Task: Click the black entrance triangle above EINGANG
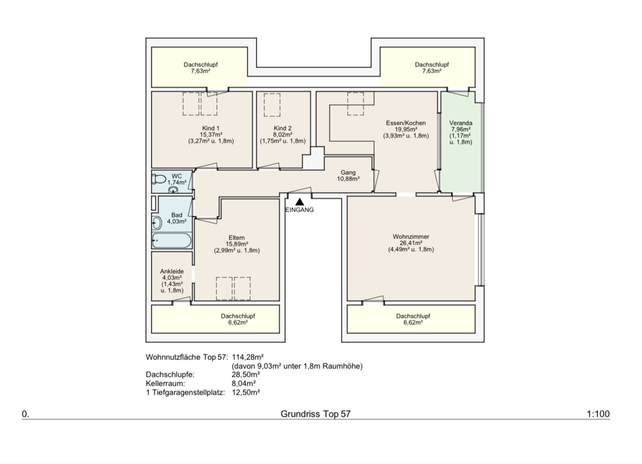click(299, 202)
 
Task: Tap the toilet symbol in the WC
click(159, 179)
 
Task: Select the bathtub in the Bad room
click(172, 240)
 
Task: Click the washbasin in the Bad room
click(156, 223)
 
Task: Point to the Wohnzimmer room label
click(411, 237)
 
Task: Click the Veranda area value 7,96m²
click(461, 129)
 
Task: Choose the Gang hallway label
click(348, 173)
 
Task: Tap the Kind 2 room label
click(283, 128)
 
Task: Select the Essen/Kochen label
click(406, 123)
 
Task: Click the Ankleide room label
click(172, 271)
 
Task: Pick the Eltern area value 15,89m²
click(237, 244)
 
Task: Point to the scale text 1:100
click(598, 414)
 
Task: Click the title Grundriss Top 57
click(316, 414)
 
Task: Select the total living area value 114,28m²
click(248, 357)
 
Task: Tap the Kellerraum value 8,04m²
click(243, 383)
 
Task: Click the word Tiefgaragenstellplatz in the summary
click(188, 392)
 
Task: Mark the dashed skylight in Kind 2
click(272, 105)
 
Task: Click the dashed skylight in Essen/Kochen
click(356, 104)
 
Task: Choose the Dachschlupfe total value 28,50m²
click(246, 375)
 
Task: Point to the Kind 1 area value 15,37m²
click(211, 134)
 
